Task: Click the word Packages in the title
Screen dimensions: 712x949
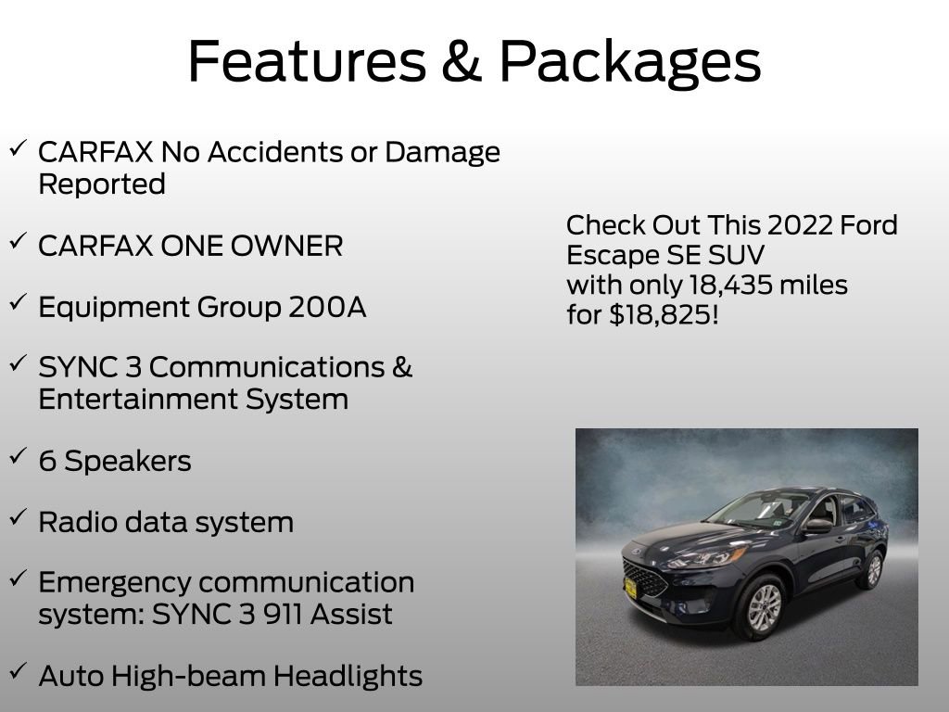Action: [630, 63]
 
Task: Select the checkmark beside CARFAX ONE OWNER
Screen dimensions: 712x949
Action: [18, 241]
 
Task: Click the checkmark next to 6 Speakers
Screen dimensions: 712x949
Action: [18, 456]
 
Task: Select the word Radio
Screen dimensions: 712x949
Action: [73, 522]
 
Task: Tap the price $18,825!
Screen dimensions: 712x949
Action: [664, 315]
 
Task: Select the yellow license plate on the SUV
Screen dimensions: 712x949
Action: [631, 587]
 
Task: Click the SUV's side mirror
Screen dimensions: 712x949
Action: [818, 526]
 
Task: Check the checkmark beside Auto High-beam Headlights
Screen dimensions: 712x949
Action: [18, 671]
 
